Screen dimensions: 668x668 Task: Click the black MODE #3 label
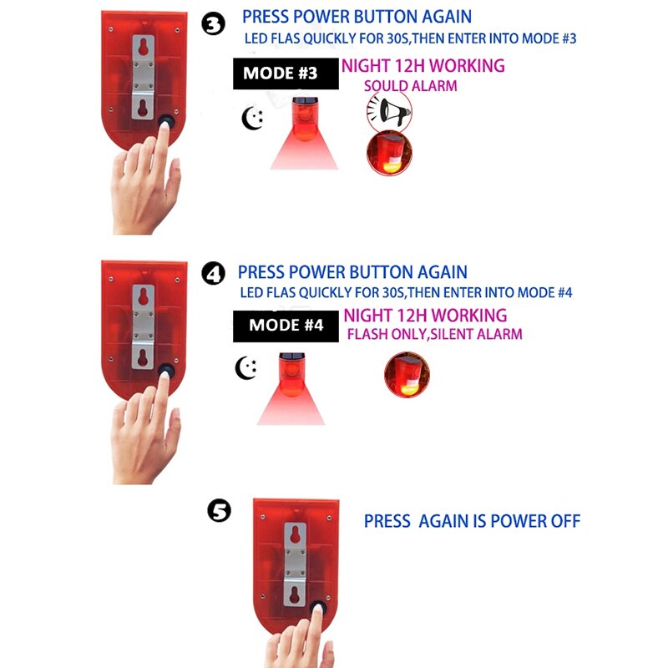(280, 73)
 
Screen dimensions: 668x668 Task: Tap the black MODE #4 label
(286, 325)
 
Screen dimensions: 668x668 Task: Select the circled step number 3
(214, 23)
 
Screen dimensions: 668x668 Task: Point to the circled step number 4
(214, 273)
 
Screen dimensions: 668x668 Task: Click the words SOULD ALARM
(410, 85)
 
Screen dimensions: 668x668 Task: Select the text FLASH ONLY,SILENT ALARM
(434, 334)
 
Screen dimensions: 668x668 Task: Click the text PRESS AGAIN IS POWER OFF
(472, 521)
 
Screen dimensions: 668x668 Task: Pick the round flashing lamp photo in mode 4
(407, 375)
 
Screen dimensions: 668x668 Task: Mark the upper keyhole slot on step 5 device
(294, 534)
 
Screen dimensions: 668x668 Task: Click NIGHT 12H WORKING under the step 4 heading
(424, 315)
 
